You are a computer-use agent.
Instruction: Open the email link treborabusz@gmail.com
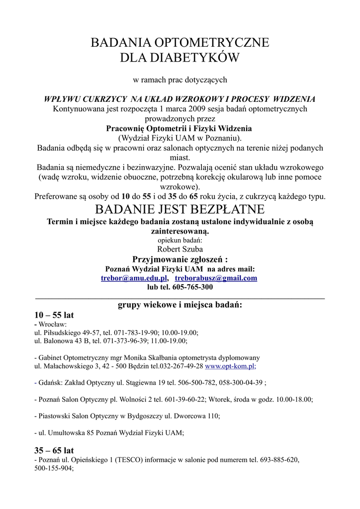coord(216,278)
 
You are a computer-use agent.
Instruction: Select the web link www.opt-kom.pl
coord(230,366)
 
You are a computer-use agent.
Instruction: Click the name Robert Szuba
coord(180,249)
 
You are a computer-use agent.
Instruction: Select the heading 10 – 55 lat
coord(54,315)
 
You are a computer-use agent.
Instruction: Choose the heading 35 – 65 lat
coord(54,450)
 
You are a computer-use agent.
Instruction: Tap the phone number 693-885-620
coord(279,460)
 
